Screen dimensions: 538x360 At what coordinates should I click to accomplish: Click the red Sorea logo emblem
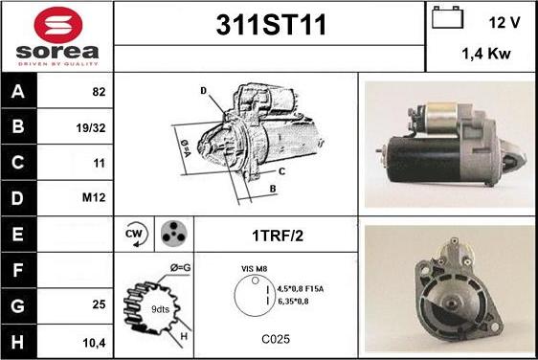point(58,25)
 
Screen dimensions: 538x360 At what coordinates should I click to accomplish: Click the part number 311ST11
point(271,25)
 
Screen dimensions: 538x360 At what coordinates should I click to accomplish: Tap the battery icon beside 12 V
point(447,17)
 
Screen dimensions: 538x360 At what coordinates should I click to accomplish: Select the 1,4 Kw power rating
point(486,54)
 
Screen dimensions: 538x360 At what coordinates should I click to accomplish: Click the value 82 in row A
point(99,92)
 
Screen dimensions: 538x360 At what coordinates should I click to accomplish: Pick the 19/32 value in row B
point(91,128)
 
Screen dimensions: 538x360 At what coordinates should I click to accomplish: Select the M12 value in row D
point(94,197)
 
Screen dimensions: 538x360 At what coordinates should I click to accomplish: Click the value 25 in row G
point(99,304)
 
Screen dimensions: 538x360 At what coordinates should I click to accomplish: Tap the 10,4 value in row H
point(94,343)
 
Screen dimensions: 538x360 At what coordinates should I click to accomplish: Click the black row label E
point(18,235)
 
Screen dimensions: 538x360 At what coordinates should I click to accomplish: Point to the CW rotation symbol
point(135,234)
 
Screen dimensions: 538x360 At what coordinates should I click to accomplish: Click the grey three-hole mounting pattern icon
point(174,233)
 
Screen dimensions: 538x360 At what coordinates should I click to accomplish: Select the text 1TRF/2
point(278,236)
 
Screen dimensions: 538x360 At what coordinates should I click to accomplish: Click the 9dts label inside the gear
point(161,309)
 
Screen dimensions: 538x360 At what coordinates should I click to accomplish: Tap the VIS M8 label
point(255,269)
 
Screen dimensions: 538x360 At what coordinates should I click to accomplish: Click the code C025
point(276,339)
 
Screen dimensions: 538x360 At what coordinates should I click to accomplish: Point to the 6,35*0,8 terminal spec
point(293,302)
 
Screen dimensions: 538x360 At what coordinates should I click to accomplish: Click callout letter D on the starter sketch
point(204,91)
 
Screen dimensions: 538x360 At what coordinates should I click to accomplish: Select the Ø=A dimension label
point(186,147)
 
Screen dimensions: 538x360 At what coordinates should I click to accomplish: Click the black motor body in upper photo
point(425,160)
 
